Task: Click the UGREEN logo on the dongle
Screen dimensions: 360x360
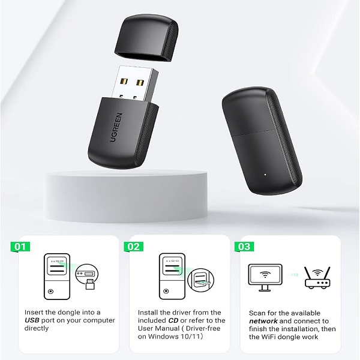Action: (x=116, y=127)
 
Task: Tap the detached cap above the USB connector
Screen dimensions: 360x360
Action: (x=147, y=38)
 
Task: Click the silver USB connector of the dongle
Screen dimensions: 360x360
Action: (x=136, y=84)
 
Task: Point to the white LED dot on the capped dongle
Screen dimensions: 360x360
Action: (x=265, y=175)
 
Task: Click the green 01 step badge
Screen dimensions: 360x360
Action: (x=20, y=247)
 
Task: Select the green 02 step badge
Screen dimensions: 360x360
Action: (x=133, y=247)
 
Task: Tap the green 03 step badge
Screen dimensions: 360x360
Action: (x=244, y=247)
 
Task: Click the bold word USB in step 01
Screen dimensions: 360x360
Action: (x=32, y=320)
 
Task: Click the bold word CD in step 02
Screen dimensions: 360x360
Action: (x=173, y=320)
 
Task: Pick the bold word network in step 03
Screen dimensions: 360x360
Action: (x=263, y=321)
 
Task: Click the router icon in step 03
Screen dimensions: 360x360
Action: (x=317, y=278)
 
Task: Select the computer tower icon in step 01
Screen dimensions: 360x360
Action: (x=57, y=277)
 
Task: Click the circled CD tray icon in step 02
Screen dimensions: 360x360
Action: (x=200, y=280)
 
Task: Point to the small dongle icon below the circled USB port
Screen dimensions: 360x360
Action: (x=90, y=284)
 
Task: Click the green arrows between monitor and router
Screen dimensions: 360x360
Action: (x=293, y=275)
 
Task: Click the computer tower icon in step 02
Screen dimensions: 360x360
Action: (x=172, y=277)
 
